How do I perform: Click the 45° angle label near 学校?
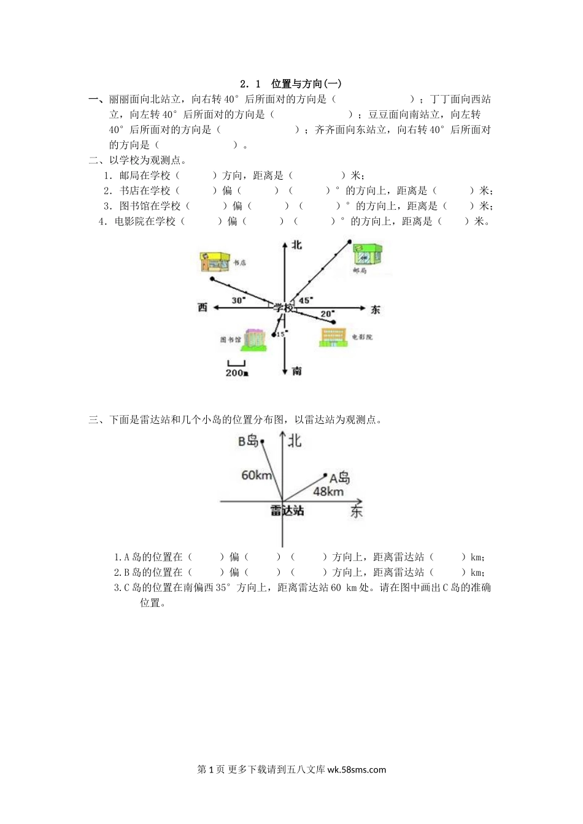[x=305, y=300]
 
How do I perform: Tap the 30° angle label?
[x=238, y=300]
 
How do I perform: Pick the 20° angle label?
[x=327, y=314]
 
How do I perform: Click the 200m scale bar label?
[x=236, y=373]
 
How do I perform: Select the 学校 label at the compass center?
[x=284, y=308]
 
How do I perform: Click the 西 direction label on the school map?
[x=203, y=307]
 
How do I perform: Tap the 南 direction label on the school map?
[x=297, y=371]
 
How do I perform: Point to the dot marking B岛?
[x=263, y=441]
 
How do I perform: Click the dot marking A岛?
[x=326, y=474]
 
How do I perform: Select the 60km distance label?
[x=257, y=475]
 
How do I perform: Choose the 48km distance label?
[x=328, y=491]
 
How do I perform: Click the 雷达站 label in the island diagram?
[x=287, y=510]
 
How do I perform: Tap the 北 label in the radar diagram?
[x=295, y=440]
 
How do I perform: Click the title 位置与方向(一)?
[x=306, y=84]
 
